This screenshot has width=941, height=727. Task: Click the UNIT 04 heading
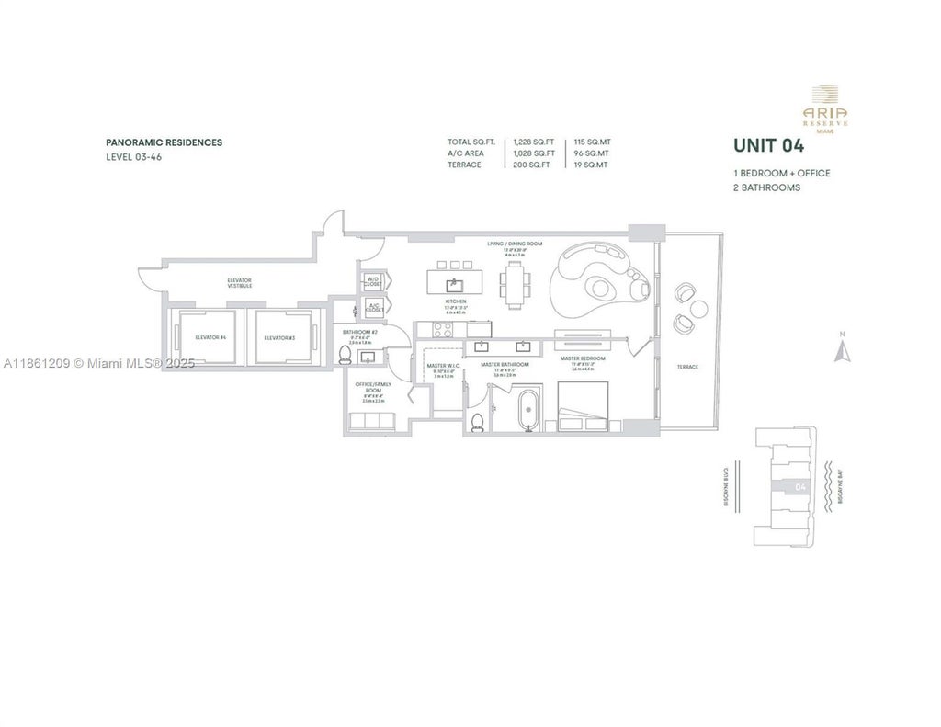point(768,145)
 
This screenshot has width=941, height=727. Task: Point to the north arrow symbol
point(840,349)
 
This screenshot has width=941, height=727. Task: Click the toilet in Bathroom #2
point(346,355)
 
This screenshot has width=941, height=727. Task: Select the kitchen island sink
point(455,284)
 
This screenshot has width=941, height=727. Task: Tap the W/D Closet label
point(373,281)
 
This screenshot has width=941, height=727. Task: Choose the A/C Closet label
point(373,308)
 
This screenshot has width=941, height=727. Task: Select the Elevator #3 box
point(278,337)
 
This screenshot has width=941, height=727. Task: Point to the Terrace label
point(687,367)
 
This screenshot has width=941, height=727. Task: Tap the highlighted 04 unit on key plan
point(799,486)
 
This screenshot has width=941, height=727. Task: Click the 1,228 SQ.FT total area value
point(533,142)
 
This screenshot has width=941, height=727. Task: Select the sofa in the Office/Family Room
point(372,421)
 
